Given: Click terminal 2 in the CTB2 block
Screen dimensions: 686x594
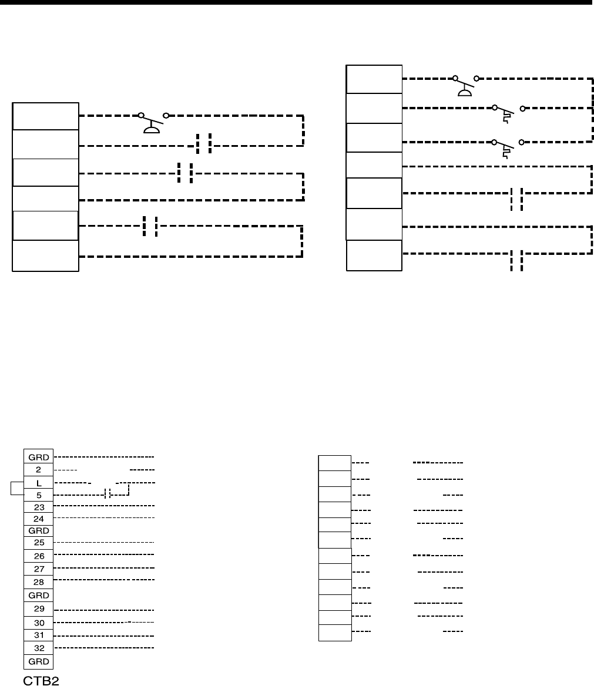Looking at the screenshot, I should click(39, 470).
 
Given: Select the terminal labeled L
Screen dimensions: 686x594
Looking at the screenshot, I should click(39, 482).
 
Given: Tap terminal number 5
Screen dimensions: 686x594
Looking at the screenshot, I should click(39, 495).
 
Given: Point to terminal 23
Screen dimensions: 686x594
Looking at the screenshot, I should click(39, 506).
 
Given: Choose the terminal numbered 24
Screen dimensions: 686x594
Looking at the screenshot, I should click(39, 519).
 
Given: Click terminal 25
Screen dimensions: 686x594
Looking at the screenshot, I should click(39, 542).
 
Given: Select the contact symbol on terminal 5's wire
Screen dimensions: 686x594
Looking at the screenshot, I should click(108, 494).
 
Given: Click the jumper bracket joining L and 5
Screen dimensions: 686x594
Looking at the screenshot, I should click(15, 489).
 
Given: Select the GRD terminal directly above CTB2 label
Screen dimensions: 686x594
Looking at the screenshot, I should click(39, 661).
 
